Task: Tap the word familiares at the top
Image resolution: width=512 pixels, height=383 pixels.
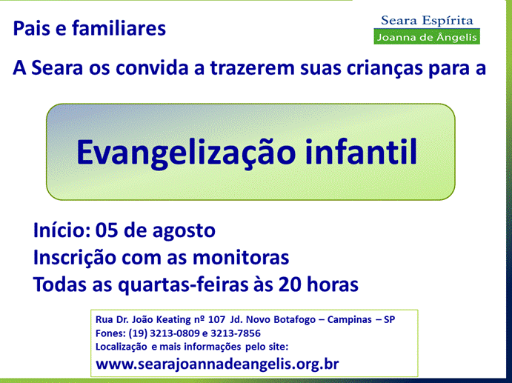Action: tap(119, 28)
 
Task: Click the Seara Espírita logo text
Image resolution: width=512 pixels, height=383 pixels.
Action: tap(427, 21)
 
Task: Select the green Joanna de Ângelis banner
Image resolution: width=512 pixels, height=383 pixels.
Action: tap(427, 37)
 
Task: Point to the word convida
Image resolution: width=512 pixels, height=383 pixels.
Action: tap(152, 68)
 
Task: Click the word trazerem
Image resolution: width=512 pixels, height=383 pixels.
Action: tap(253, 68)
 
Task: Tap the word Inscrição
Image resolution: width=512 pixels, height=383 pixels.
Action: tap(75, 258)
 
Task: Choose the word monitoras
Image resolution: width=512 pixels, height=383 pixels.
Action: tap(241, 258)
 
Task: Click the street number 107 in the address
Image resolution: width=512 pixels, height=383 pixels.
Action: tap(217, 319)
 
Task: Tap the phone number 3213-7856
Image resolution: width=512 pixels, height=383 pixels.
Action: tap(236, 333)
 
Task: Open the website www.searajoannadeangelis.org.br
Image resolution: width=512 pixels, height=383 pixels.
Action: tap(217, 364)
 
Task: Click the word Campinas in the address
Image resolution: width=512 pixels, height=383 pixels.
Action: tap(350, 319)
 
